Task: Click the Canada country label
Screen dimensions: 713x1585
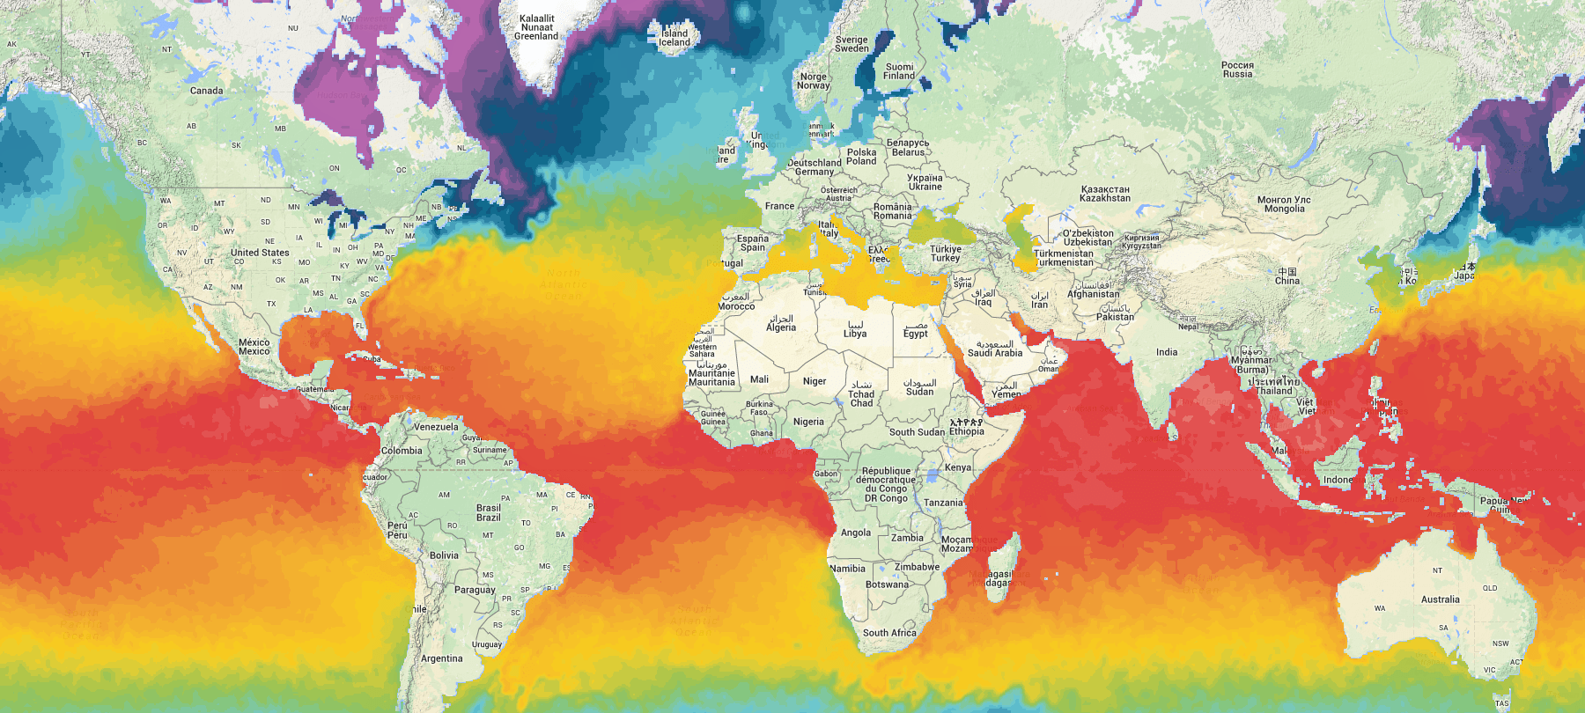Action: [x=206, y=91]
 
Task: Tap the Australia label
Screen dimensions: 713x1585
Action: [x=1440, y=599]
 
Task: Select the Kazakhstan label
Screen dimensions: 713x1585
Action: [x=1104, y=194]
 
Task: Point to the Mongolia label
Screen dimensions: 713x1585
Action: [x=1284, y=204]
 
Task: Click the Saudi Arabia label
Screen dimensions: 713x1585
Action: [x=995, y=349]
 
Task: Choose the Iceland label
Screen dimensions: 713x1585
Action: [x=675, y=38]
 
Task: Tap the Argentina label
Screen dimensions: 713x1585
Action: [x=441, y=658]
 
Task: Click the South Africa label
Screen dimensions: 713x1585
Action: [x=889, y=633]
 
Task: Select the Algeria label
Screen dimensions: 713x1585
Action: [x=781, y=324]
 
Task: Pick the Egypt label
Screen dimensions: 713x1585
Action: [x=915, y=330]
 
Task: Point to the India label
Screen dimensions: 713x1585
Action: [x=1167, y=352]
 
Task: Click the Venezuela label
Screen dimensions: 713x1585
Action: [x=436, y=427]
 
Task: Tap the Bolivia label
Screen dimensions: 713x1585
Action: [x=444, y=555]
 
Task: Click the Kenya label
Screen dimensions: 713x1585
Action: [x=958, y=467]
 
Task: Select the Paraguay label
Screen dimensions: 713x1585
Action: [x=475, y=590]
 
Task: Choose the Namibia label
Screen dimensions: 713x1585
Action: [x=847, y=569]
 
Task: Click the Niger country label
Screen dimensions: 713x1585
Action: [x=815, y=381]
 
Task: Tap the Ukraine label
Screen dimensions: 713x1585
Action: [x=925, y=182]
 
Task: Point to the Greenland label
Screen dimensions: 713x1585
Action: [x=536, y=27]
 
